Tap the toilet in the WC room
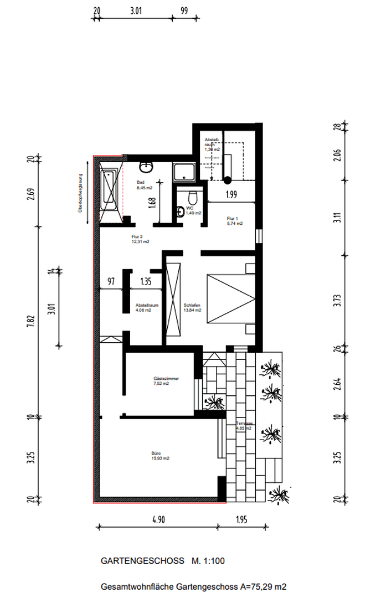pos(192,198)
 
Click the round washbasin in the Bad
pos(147,166)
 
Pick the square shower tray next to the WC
pos(184,172)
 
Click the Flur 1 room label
pos(235,220)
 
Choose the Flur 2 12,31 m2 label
pos(140,239)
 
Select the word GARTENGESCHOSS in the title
pos(142,561)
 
